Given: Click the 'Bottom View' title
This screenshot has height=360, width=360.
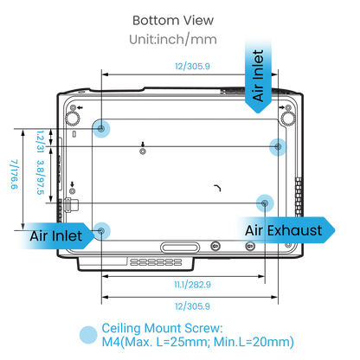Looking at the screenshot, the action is (x=173, y=21).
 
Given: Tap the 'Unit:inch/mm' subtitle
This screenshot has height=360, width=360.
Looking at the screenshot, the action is (x=173, y=40).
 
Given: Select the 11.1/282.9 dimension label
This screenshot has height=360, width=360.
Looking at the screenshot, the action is (x=192, y=285).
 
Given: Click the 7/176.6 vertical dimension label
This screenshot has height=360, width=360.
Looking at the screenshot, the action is (x=14, y=175).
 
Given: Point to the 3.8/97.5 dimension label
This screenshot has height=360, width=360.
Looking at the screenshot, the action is (x=41, y=177).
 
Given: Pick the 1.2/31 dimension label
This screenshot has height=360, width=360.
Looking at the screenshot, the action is (x=41, y=141).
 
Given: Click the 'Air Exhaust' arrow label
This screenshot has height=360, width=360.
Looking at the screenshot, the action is (x=286, y=230).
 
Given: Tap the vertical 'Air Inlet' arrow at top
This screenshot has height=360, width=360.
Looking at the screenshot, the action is (x=258, y=76).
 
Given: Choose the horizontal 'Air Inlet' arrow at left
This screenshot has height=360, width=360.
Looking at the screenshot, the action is (x=56, y=236).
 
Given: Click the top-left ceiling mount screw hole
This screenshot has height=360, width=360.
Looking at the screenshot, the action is (x=101, y=128).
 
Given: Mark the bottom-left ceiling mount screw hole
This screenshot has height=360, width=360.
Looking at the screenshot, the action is (x=101, y=231).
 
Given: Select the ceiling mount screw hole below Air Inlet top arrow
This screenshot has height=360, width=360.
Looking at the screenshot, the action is (x=278, y=147).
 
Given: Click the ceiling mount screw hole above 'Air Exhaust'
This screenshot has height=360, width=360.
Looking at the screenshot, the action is (x=265, y=203).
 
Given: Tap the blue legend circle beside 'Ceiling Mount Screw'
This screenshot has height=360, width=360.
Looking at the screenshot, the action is (x=88, y=335).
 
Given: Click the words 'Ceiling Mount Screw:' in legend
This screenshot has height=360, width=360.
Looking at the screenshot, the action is (x=163, y=328).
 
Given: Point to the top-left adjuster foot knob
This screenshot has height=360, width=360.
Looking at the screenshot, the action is (x=73, y=118).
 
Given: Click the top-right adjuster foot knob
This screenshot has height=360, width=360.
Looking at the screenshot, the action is (x=287, y=118).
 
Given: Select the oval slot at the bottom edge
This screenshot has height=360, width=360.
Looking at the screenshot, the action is (x=180, y=247).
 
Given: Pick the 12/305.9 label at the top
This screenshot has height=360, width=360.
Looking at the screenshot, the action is (x=192, y=67).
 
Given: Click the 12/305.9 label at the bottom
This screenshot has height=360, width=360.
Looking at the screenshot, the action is (x=192, y=306).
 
